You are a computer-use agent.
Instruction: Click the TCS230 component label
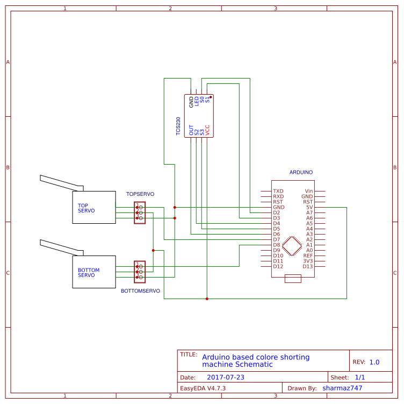(178, 126)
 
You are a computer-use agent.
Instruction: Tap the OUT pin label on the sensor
(191, 130)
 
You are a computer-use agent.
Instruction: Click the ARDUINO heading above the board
(301, 172)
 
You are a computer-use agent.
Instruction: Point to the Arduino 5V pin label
(308, 207)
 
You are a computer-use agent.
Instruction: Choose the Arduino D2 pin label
(277, 212)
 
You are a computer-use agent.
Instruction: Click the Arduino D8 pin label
(277, 245)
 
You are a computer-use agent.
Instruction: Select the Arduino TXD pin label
(278, 191)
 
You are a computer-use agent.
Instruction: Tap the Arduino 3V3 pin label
(307, 261)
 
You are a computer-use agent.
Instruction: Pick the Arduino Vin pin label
(308, 191)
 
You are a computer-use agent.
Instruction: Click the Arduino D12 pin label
(278, 266)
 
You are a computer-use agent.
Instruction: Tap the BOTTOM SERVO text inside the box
(89, 273)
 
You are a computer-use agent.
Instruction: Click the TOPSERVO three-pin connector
(140, 212)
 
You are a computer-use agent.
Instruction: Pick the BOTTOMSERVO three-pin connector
(140, 272)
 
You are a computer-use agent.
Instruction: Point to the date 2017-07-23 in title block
(226, 377)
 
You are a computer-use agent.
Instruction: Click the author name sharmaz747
(342, 388)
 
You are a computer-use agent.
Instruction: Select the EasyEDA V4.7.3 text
(203, 388)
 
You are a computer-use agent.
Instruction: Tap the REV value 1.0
(374, 362)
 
